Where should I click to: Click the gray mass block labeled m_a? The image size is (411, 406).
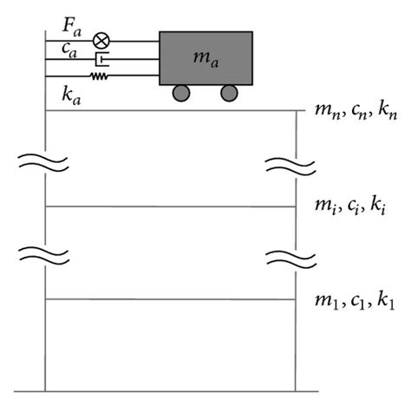205,57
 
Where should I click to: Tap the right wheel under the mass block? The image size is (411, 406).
228,94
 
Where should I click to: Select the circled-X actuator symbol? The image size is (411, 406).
102,40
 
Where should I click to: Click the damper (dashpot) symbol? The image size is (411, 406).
103,59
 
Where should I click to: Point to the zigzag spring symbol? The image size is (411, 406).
102,76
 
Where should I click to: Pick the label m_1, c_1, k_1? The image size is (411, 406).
350,299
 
